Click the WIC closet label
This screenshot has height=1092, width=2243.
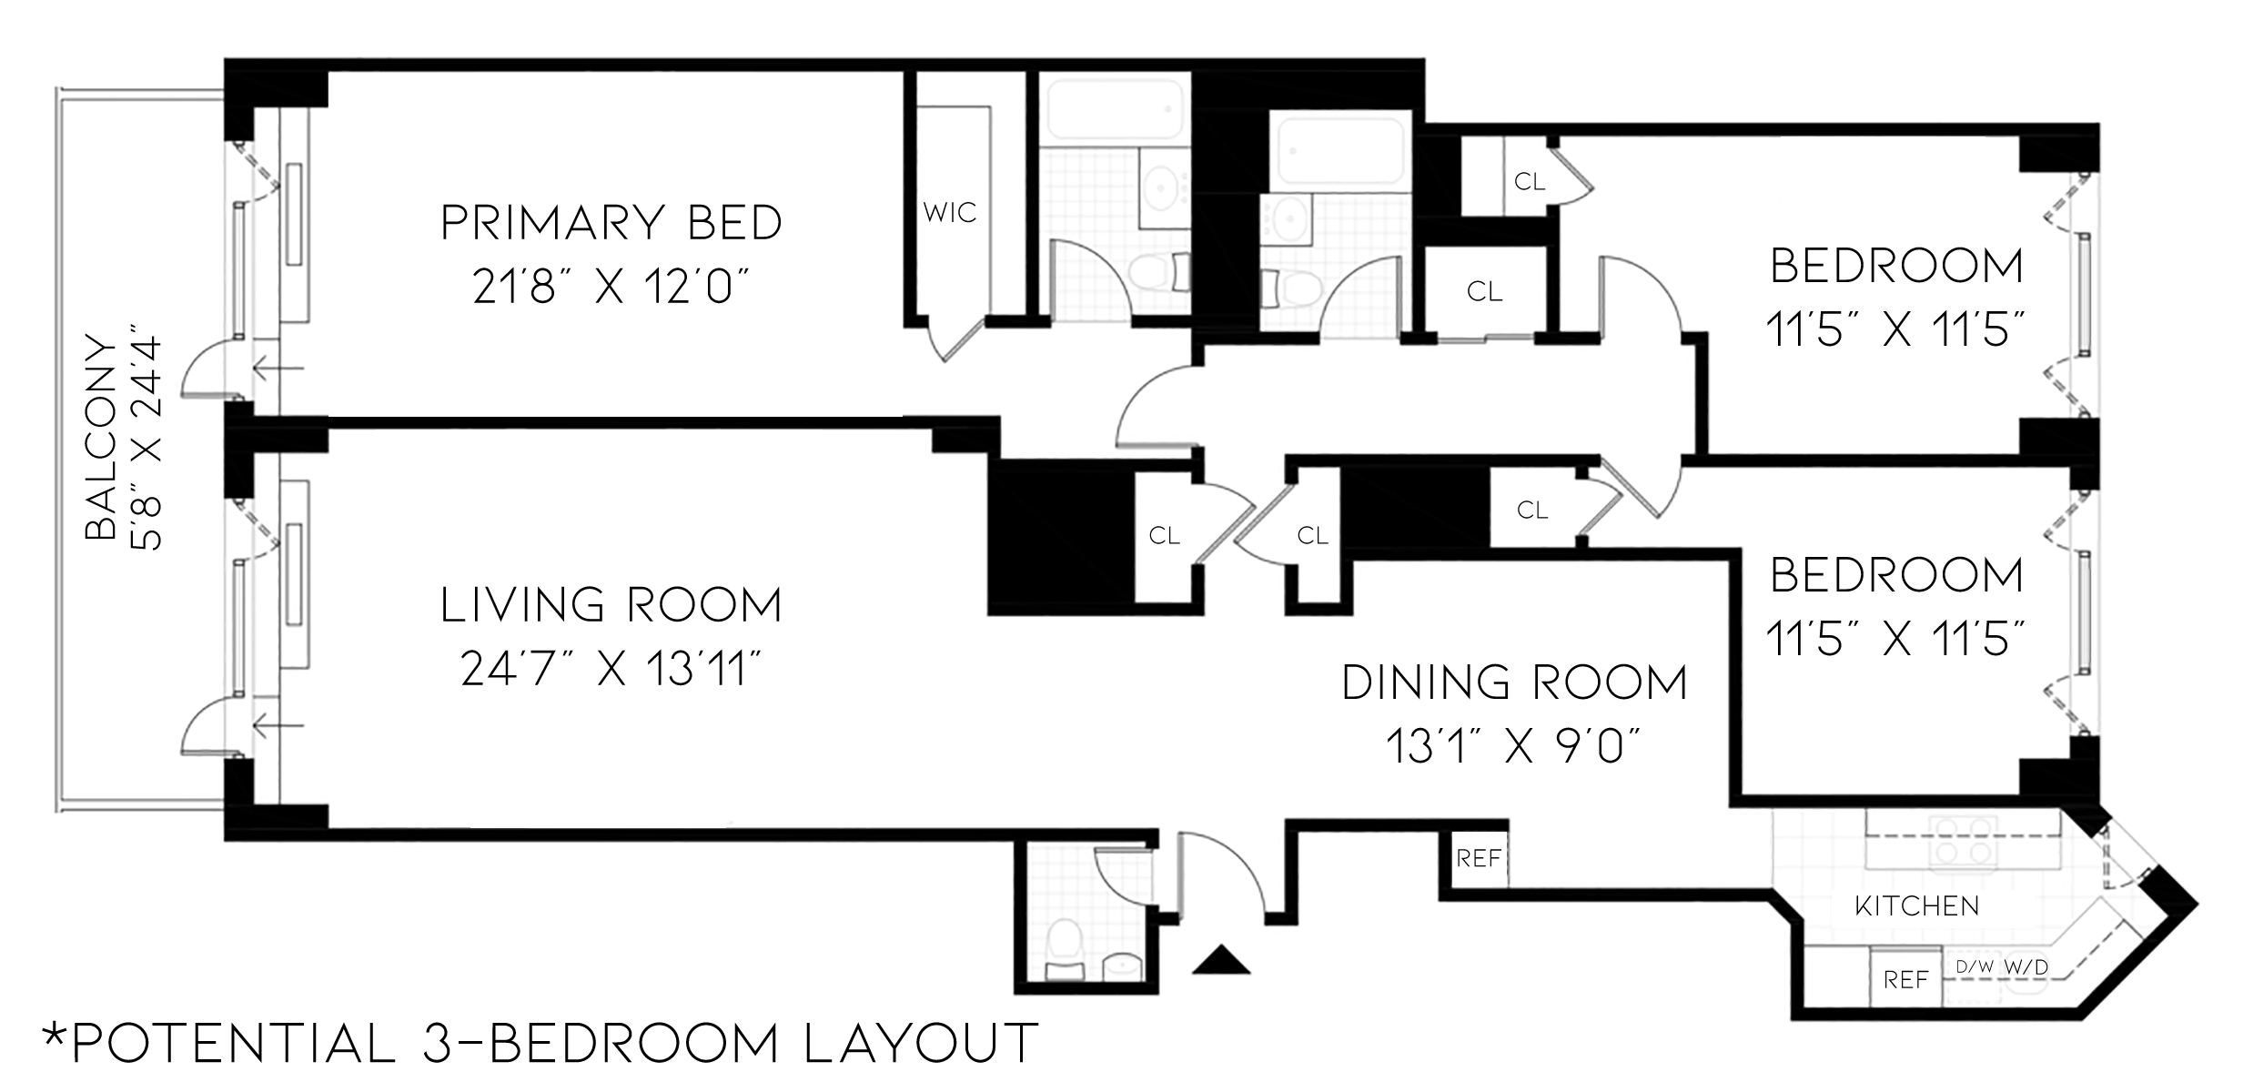point(949,213)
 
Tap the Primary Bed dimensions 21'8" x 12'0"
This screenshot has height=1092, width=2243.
point(611,288)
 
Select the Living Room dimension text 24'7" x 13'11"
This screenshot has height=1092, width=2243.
point(611,671)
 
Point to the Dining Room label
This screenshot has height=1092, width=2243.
point(1514,682)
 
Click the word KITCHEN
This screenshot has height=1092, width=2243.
point(1916,906)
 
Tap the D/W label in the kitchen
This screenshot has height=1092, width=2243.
point(1974,967)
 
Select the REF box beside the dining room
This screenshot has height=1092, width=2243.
point(1477,858)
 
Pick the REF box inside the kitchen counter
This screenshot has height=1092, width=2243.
point(1905,979)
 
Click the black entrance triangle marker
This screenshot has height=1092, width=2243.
point(1220,960)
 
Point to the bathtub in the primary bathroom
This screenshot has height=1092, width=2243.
point(1114,114)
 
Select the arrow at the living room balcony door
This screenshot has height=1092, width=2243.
point(278,725)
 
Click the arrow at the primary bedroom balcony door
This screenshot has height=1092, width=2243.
point(278,369)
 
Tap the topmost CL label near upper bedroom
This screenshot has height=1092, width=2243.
point(1530,182)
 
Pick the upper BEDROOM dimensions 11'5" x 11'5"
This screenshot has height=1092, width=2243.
point(1896,329)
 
